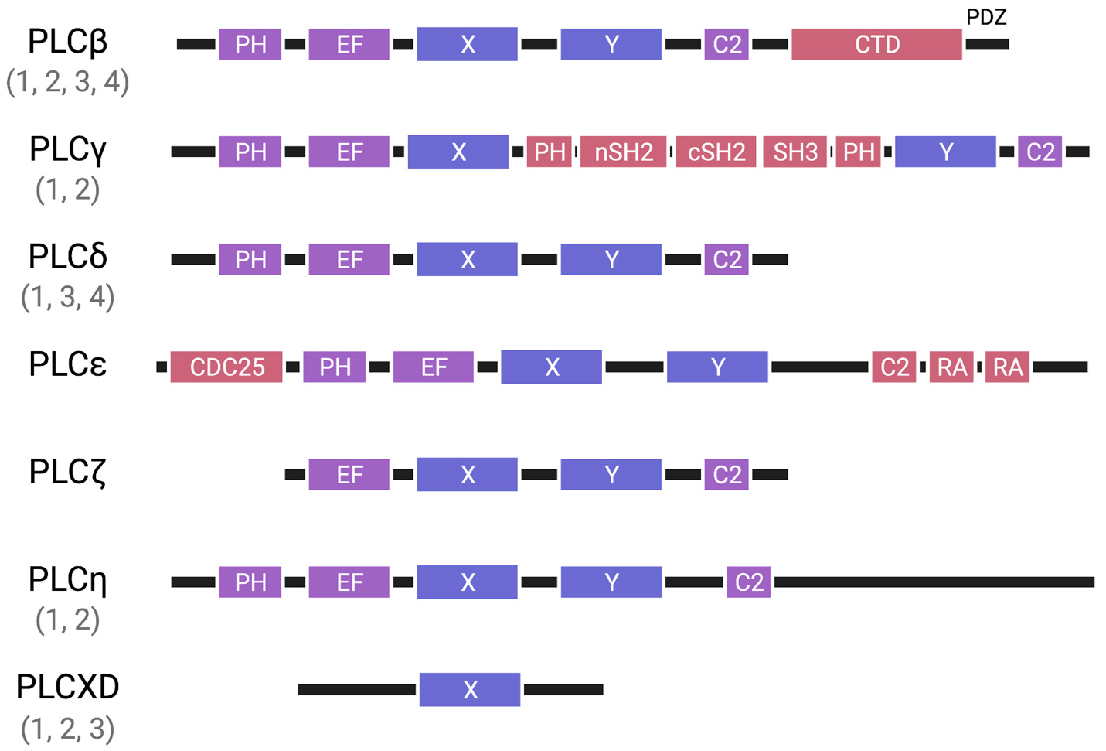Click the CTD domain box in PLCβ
click(x=876, y=44)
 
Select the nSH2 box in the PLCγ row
click(x=623, y=152)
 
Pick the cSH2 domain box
click(x=716, y=152)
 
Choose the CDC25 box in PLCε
click(x=226, y=367)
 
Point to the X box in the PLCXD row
click(x=470, y=689)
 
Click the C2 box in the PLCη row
click(x=748, y=582)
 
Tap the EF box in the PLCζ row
click(x=349, y=474)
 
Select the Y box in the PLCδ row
click(x=611, y=259)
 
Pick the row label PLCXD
click(x=68, y=687)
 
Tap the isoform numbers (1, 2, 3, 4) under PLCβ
click(x=68, y=82)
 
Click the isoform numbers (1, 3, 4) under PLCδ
click(x=68, y=297)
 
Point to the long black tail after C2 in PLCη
click(x=933, y=582)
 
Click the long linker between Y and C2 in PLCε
click(x=820, y=367)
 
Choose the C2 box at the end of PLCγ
click(x=1040, y=152)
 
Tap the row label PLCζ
click(x=68, y=472)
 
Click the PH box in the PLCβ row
click(x=250, y=44)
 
